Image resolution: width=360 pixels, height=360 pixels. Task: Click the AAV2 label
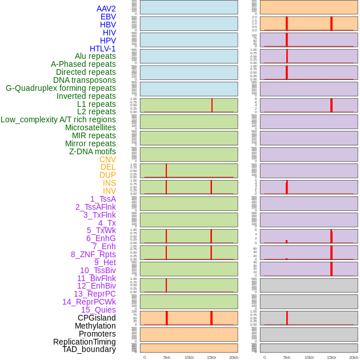[106, 9]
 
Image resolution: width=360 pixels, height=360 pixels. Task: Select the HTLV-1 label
[102, 49]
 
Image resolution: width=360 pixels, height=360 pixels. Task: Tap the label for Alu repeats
[95, 56]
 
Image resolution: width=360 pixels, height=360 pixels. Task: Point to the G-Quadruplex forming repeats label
[61, 88]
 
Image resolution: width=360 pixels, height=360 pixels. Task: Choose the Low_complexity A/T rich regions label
[58, 119]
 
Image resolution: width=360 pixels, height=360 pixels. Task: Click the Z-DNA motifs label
[92, 151]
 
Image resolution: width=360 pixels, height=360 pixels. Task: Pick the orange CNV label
[107, 159]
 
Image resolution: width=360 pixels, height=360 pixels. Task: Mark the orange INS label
[109, 183]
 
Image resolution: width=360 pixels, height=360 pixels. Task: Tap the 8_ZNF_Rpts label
[93, 254]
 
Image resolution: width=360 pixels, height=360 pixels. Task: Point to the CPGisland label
[97, 318]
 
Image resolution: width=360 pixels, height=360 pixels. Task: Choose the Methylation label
[95, 326]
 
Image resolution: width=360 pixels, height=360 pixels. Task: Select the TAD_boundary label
[89, 349]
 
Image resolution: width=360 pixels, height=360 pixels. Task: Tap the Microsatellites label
[90, 127]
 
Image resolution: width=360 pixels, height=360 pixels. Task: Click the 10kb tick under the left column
[189, 357]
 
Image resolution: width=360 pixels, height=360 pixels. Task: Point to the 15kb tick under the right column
[331, 357]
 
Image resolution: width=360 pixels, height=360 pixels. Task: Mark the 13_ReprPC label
[94, 294]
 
